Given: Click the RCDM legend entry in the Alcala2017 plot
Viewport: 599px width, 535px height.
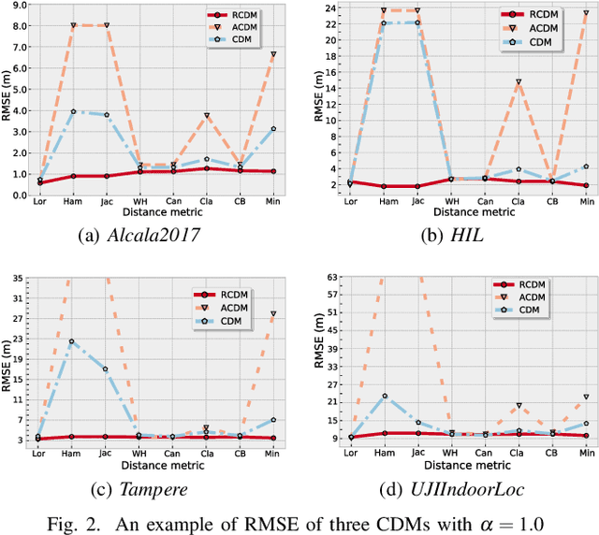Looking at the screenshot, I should (x=240, y=15).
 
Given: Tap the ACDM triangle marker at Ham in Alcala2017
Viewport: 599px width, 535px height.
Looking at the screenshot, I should (x=73, y=25).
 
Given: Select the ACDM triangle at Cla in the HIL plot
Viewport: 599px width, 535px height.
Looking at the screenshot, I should (x=518, y=82).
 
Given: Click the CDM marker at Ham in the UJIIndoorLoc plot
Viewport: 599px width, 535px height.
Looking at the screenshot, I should (x=384, y=397).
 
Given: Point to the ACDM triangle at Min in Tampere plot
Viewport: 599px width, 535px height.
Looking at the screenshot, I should (x=272, y=314).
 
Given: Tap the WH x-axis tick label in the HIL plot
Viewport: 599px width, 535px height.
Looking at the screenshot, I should (x=451, y=202).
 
